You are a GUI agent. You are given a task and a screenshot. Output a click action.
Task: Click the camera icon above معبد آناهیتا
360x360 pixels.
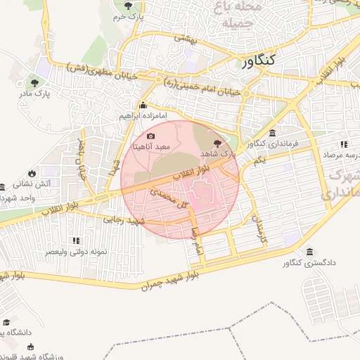(x=150, y=136)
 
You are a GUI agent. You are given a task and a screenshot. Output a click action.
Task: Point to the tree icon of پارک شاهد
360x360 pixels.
(x=215, y=142)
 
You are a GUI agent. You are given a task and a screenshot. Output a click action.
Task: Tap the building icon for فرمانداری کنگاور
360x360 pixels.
(x=272, y=133)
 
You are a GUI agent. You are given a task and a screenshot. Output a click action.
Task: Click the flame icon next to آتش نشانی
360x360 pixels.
(x=32, y=172)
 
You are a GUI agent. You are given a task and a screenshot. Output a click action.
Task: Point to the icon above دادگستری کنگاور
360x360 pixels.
(x=309, y=252)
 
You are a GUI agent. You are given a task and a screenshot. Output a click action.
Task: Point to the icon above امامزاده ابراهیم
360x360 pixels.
(x=143, y=106)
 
